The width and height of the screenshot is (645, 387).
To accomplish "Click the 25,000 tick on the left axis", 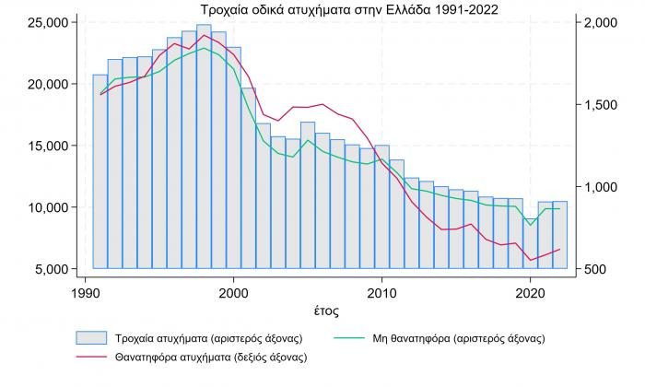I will click(46, 21).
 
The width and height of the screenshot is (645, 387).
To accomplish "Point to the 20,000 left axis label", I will click(46, 84).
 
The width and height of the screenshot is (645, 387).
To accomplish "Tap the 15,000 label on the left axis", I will click(46, 146).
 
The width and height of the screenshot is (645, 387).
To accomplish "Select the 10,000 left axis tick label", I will click(46, 207).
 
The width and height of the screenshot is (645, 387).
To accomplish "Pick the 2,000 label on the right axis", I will click(603, 21).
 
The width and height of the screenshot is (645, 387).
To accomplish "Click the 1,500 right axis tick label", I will click(603, 104).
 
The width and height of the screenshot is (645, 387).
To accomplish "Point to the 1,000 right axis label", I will click(603, 187).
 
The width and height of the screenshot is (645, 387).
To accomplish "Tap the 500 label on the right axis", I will click(597, 269).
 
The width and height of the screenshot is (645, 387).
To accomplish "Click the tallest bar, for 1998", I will click(204, 147).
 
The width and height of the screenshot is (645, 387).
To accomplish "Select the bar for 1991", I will click(100, 171).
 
